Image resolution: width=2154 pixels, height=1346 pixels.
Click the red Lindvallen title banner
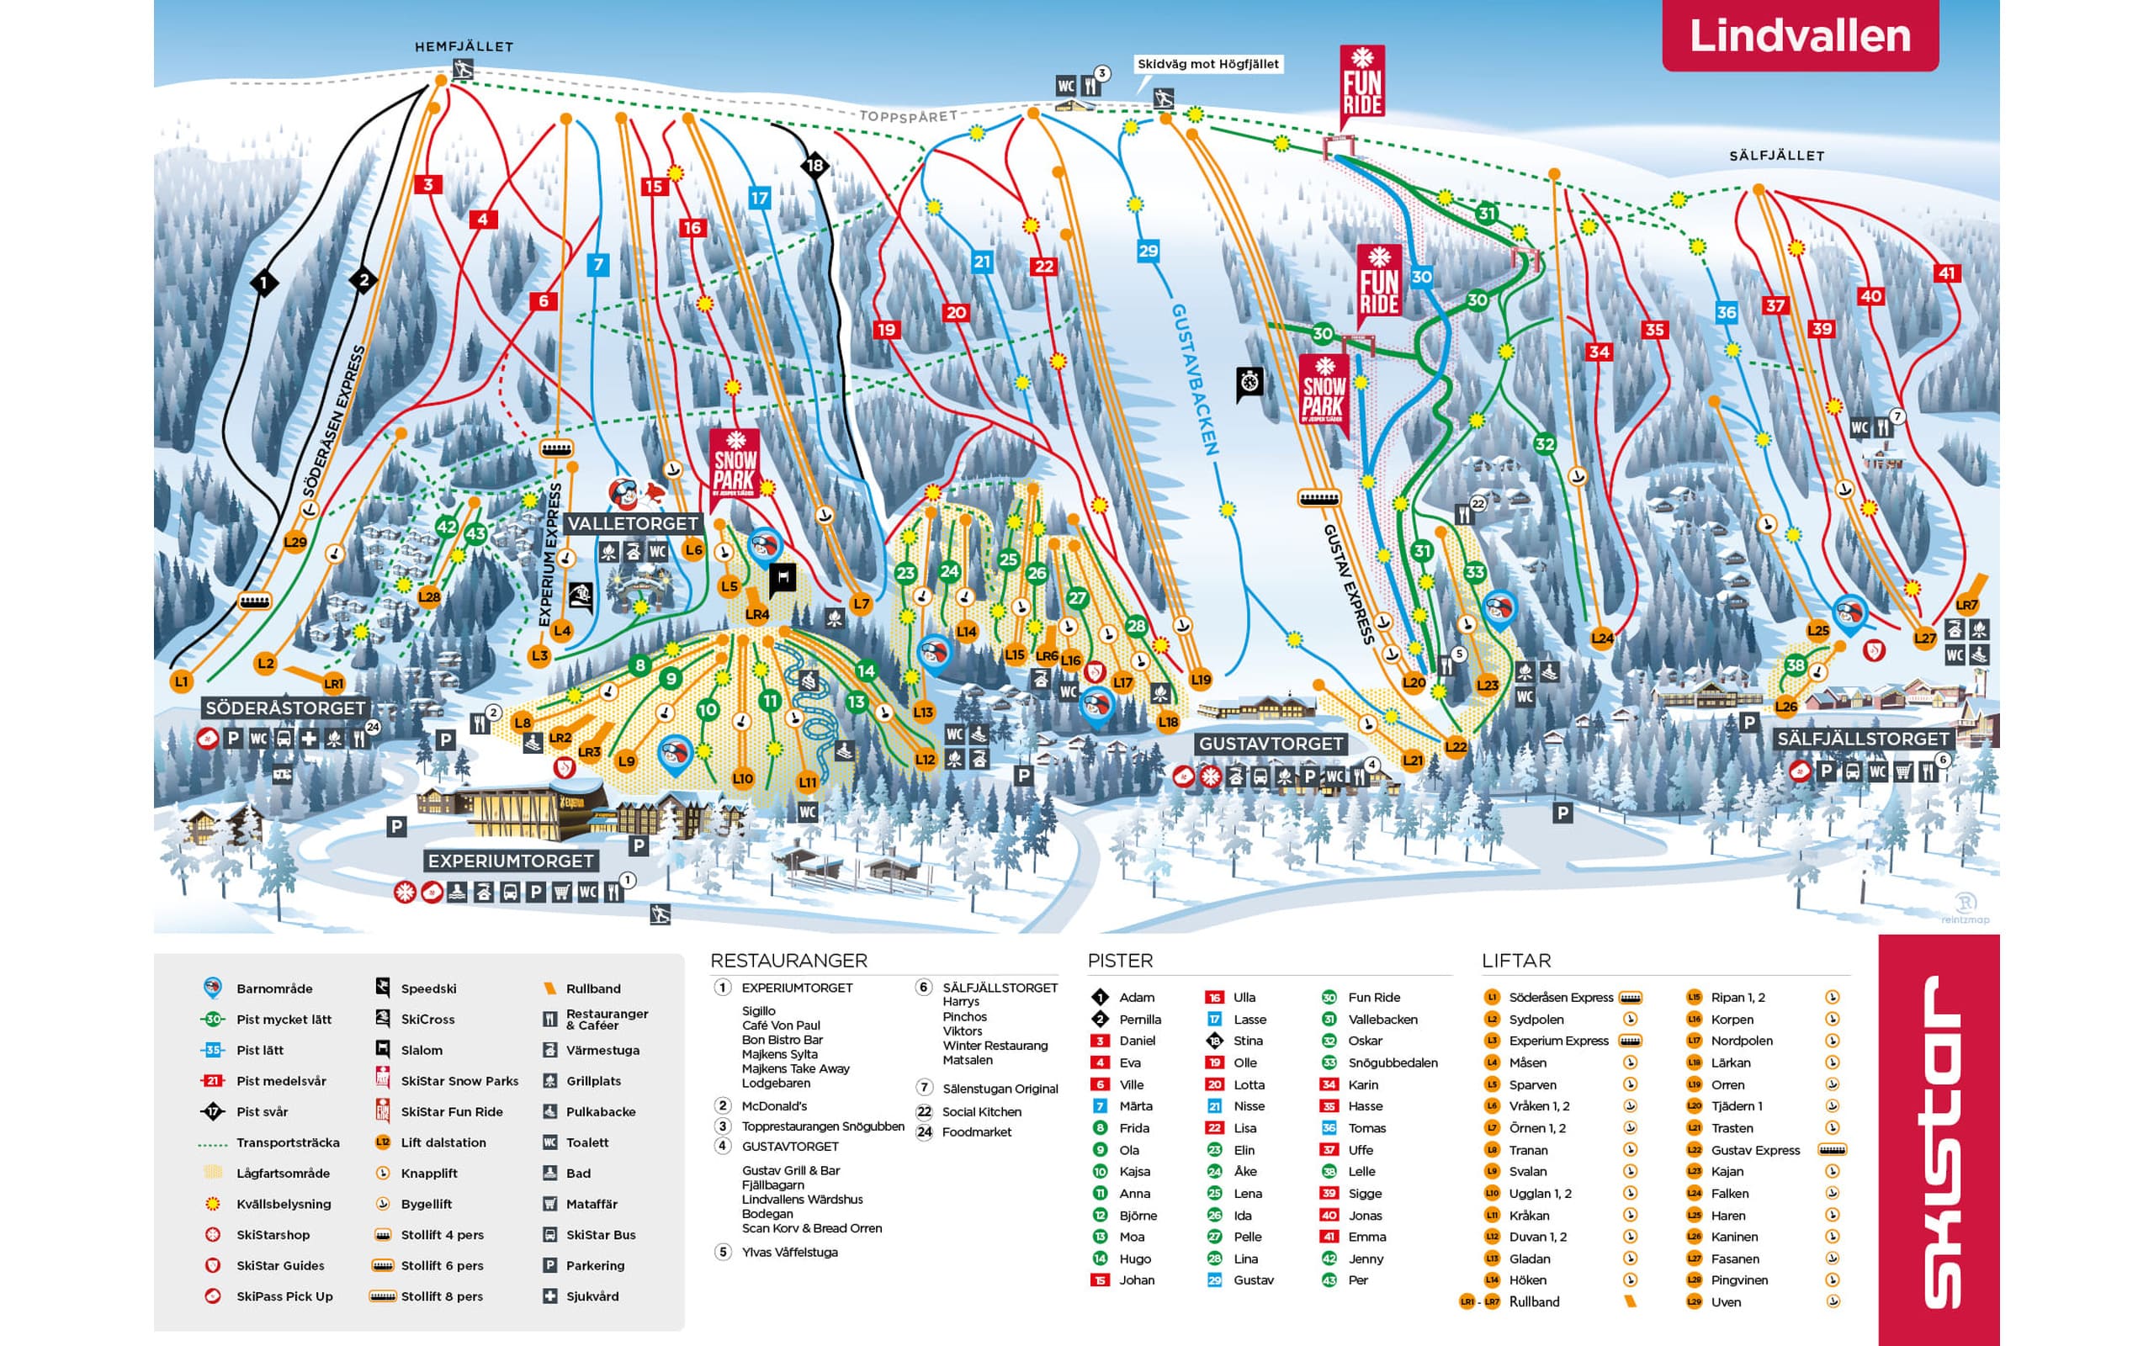pos(1799,35)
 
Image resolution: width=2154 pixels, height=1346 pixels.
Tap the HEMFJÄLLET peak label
pos(464,46)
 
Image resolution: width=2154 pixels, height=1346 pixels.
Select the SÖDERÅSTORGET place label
pos(285,707)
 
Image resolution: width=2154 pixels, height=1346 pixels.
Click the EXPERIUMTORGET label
pos(510,861)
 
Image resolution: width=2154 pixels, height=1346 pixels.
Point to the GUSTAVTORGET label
pos(1271,744)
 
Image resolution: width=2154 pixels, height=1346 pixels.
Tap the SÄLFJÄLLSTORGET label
pos(1863,739)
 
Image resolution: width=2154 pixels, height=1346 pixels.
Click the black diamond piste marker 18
pos(814,165)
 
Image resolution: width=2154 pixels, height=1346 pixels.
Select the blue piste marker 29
pos(1149,251)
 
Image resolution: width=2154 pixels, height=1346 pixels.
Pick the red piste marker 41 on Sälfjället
pos(1947,273)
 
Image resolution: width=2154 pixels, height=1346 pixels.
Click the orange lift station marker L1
pos(182,682)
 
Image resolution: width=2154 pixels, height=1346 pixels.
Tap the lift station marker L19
pos(1201,679)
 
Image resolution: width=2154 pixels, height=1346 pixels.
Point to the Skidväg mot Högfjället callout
pos(1208,64)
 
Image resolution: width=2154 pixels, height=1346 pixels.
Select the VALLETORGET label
pos(633,523)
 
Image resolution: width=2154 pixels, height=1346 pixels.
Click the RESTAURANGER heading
pos(788,961)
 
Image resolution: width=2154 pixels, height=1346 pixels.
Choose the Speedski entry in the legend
pos(428,989)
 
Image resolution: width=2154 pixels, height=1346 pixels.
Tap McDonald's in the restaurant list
pos(774,1105)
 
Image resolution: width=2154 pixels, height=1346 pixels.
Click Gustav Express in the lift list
pos(1755,1150)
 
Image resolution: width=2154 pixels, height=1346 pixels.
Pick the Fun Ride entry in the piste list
pos(1373,997)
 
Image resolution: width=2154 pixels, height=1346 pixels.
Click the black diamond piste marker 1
pos(263,284)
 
